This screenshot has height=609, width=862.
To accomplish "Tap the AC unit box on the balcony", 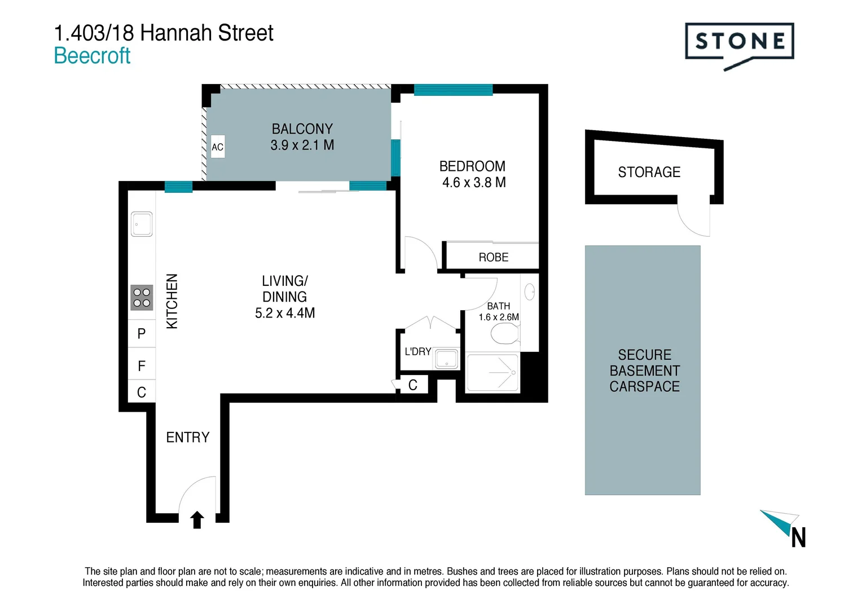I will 217,147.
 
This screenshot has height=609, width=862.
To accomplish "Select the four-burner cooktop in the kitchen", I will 142,298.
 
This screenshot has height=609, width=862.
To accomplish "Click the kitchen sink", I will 142,224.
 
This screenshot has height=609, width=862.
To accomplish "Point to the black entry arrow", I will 197,519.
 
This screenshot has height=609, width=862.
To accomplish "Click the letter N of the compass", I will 798,538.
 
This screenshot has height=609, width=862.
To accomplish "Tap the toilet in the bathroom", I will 505,334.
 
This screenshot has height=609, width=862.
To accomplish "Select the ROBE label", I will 493,257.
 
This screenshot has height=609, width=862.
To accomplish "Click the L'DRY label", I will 417,351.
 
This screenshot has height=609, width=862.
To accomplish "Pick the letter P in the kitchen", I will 142,334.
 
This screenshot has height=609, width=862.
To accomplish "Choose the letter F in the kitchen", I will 142,366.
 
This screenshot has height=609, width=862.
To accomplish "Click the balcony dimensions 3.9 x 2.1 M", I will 302,145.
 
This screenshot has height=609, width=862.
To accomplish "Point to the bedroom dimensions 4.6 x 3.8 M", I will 473,182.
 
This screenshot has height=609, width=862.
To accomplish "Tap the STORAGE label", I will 649,172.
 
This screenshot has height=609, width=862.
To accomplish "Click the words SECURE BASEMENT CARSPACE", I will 644,370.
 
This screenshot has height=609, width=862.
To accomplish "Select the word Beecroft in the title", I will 92,56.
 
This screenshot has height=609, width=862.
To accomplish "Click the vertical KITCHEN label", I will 172,301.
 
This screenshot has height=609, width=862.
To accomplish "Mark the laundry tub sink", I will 447,359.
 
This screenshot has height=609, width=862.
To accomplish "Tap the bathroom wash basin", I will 530,292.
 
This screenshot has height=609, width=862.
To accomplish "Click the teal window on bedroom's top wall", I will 453,90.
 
